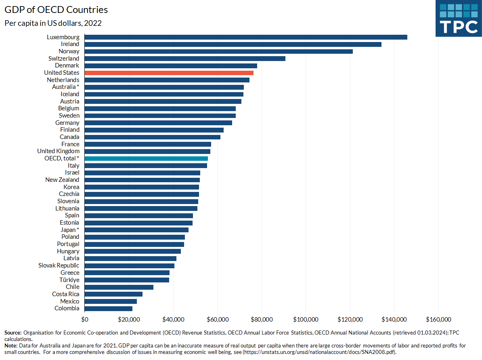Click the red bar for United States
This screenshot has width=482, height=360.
(169, 73)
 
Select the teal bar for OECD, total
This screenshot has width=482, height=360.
(146, 158)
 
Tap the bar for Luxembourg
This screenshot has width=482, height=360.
(246, 37)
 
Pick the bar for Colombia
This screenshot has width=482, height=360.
(108, 308)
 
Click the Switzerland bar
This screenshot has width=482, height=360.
(185, 59)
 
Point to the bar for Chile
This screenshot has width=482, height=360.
(119, 287)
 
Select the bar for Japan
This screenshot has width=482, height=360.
(136, 230)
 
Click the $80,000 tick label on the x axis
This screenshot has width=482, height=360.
(262, 320)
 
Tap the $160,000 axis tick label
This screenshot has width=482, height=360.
(438, 320)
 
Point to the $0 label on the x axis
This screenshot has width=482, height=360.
(85, 320)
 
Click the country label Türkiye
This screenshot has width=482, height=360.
(69, 280)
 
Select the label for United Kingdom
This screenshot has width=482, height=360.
(58, 151)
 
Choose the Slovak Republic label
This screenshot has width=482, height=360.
(59, 265)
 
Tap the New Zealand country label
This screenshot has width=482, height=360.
(62, 180)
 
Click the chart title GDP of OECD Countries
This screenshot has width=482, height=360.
(56, 9)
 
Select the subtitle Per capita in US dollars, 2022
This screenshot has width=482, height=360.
(53, 23)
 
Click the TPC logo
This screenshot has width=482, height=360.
(459, 19)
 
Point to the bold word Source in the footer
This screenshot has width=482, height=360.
(13, 333)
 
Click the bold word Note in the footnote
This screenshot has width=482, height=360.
(10, 346)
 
